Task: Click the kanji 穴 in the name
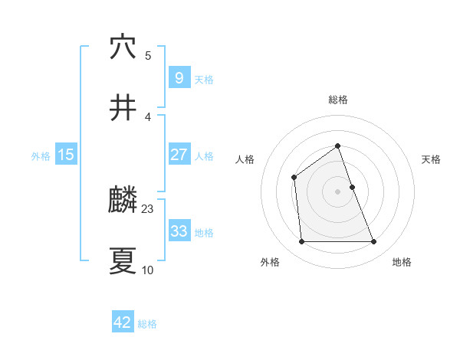pyautogui.click(x=123, y=47)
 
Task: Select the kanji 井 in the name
pyautogui.click(x=123, y=108)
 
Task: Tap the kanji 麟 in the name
pyautogui.click(x=123, y=201)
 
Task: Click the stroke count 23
pyautogui.click(x=148, y=208)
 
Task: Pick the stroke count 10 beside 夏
pyautogui.click(x=148, y=270)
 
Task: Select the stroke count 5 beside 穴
pyautogui.click(x=148, y=55)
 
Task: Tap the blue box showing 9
pyautogui.click(x=179, y=77)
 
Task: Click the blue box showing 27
pyautogui.click(x=179, y=155)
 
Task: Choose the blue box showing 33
pyautogui.click(x=179, y=231)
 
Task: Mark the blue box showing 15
pyautogui.click(x=66, y=155)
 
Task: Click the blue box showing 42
pyautogui.click(x=123, y=322)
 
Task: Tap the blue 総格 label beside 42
pyautogui.click(x=147, y=324)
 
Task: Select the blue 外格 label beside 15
pyautogui.click(x=41, y=156)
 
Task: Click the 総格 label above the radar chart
pyautogui.click(x=337, y=100)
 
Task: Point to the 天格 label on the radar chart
pyautogui.click(x=432, y=159)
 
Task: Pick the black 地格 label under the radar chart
pyautogui.click(x=402, y=262)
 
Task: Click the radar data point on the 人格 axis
pyautogui.click(x=294, y=178)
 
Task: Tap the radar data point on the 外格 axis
pyautogui.click(x=301, y=242)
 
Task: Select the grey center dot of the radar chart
pyautogui.click(x=337, y=191)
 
